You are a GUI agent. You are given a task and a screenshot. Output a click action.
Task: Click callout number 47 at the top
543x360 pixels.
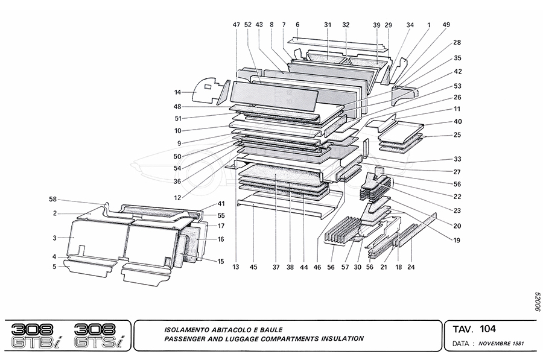(x=236, y=25)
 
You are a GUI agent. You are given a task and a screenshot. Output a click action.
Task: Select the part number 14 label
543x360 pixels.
(x=177, y=92)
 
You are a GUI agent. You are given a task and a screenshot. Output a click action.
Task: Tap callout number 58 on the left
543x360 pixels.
(x=53, y=199)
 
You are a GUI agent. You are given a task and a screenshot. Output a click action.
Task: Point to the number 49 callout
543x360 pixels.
(x=446, y=25)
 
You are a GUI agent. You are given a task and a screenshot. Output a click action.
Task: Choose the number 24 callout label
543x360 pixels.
(x=411, y=267)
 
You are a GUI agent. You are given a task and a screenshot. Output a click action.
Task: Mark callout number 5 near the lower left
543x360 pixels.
(x=54, y=267)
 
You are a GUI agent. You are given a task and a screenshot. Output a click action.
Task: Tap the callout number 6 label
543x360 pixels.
(x=297, y=25)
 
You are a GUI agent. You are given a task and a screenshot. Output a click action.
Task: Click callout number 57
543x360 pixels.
(x=345, y=267)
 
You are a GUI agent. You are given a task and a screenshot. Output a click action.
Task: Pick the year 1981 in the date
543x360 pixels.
(x=517, y=344)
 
